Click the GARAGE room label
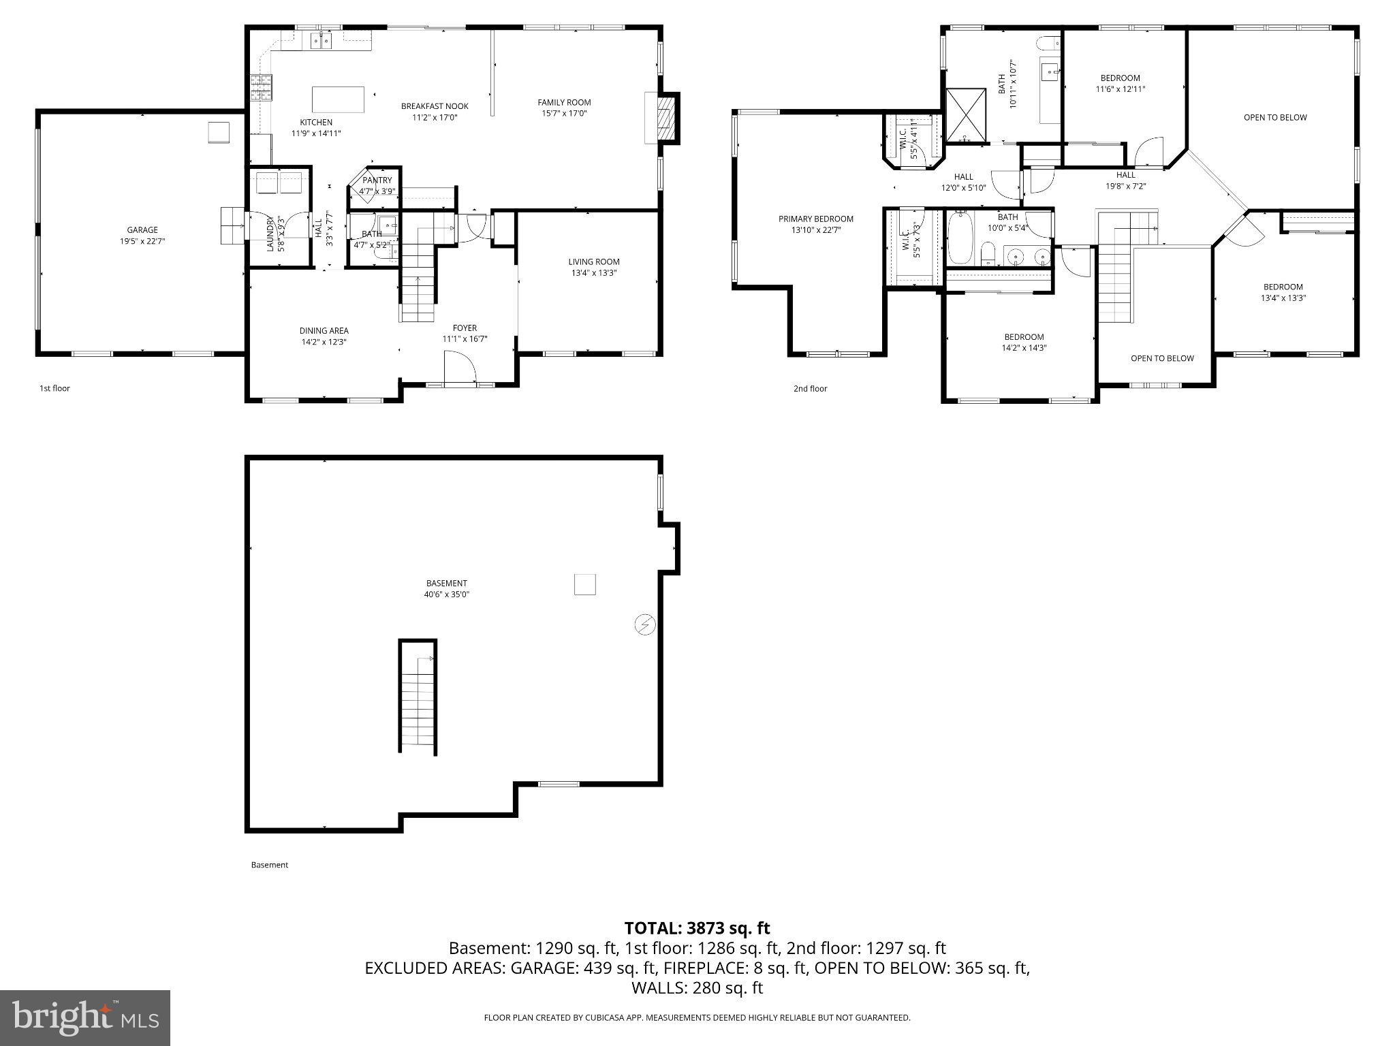pyautogui.click(x=142, y=230)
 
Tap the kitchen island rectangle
pyautogui.click(x=338, y=99)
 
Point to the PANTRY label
pyautogui.click(x=377, y=180)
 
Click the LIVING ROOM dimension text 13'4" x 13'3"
pyautogui.click(x=594, y=273)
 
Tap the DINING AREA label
pyautogui.click(x=324, y=331)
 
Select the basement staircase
pyautogui.click(x=418, y=698)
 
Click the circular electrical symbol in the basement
pyautogui.click(x=644, y=624)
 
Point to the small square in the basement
pyautogui.click(x=585, y=584)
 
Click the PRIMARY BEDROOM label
pyautogui.click(x=815, y=219)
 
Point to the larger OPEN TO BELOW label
pyautogui.click(x=1275, y=117)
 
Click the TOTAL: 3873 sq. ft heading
pyautogui.click(x=697, y=928)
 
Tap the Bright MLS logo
pyautogui.click(x=85, y=1017)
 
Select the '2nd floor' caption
pyautogui.click(x=810, y=389)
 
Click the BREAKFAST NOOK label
pyautogui.click(x=435, y=106)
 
